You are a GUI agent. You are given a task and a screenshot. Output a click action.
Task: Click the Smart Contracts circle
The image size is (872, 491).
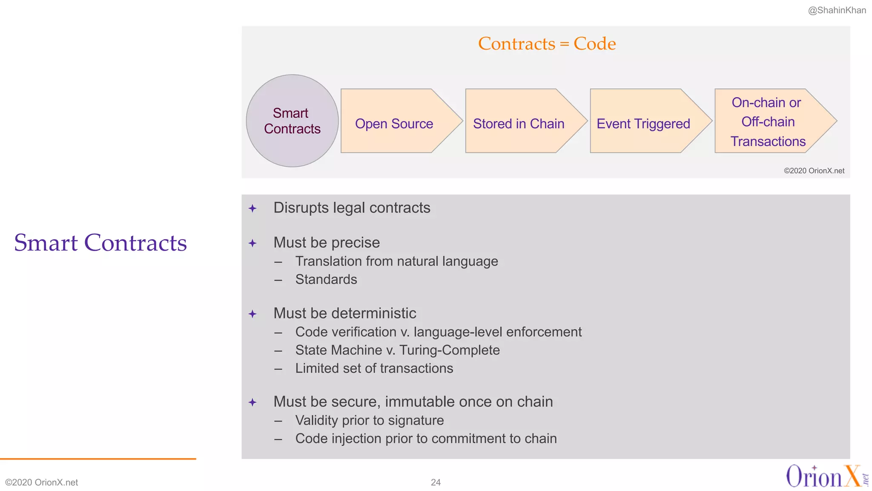(x=292, y=121)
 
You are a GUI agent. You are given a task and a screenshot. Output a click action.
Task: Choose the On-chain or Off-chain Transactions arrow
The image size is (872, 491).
(x=768, y=121)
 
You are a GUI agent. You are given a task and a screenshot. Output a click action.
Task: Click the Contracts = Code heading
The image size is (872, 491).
(x=547, y=43)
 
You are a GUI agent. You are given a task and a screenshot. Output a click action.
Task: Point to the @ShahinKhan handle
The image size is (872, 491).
(x=837, y=10)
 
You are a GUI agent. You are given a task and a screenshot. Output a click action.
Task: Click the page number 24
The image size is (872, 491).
(x=436, y=482)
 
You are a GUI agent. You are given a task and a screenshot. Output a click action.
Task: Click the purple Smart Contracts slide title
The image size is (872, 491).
(x=100, y=243)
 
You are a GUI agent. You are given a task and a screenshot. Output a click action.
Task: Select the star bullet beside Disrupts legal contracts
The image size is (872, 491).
(x=252, y=208)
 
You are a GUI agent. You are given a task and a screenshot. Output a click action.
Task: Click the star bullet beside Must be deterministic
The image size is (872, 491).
(x=252, y=314)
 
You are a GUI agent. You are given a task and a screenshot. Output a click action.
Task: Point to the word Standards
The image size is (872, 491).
(x=326, y=280)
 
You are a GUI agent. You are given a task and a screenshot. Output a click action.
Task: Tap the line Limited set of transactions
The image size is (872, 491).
(x=374, y=369)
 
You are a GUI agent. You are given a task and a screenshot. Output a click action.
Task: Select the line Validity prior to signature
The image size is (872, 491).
(x=369, y=421)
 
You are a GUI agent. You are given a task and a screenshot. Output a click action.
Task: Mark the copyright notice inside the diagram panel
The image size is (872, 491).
(x=814, y=171)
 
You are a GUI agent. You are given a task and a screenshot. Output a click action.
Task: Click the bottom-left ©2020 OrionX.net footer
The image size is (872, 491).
(x=42, y=482)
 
